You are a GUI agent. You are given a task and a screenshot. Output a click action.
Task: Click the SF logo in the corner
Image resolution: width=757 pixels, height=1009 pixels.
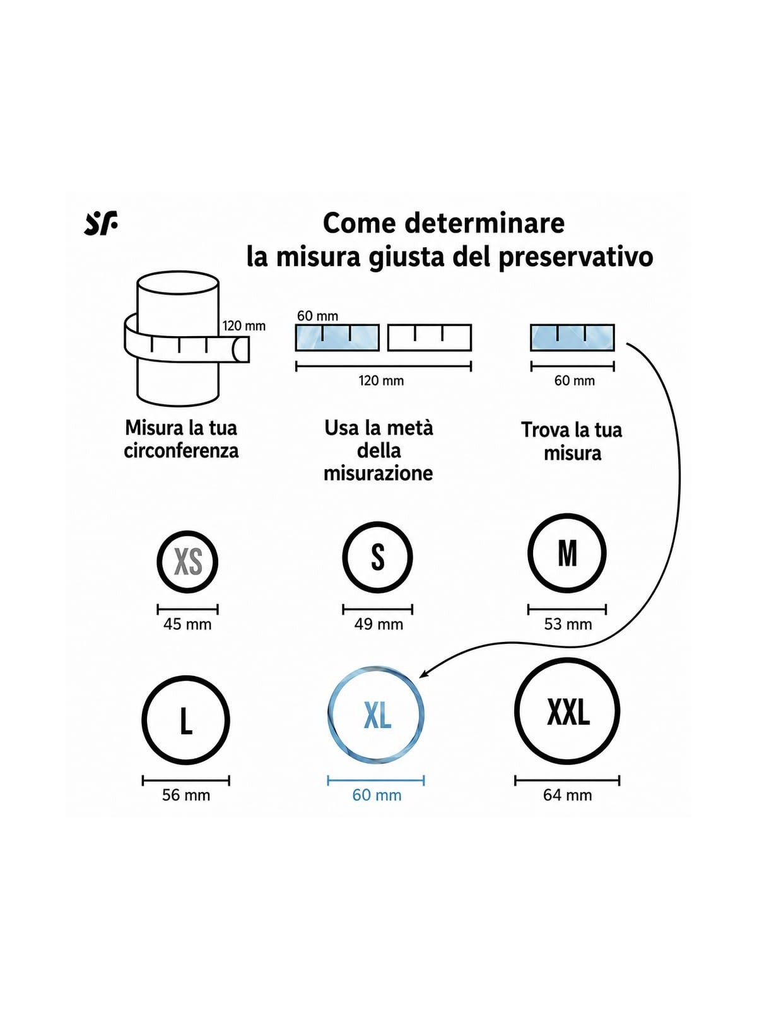[101, 224]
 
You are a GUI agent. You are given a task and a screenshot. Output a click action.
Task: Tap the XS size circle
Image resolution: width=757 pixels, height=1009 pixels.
[159, 562]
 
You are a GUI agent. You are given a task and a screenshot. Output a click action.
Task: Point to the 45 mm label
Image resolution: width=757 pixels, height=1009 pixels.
[187, 624]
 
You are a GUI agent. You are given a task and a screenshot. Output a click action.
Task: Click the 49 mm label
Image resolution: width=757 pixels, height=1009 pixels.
[378, 624]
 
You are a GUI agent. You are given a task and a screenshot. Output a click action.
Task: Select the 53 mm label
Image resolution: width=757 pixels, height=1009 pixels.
[568, 624]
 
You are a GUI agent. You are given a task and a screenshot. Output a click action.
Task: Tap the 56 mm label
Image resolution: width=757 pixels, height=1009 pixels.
[185, 795]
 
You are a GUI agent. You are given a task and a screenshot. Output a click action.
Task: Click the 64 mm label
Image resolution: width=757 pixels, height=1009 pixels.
[567, 795]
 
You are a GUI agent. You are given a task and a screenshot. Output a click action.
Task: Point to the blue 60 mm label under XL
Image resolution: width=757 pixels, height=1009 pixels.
[377, 795]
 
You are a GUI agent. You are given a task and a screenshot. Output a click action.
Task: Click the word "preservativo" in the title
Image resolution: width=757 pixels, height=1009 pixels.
[575, 258]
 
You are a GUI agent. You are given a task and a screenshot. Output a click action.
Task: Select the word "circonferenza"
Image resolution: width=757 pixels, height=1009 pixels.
[181, 450]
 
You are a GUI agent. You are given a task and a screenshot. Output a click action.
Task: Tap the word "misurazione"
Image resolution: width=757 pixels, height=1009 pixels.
[378, 473]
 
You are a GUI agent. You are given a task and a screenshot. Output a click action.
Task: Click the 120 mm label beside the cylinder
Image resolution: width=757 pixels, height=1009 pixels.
[244, 326]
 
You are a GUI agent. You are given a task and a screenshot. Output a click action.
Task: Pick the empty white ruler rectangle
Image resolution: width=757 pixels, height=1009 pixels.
[430, 338]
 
